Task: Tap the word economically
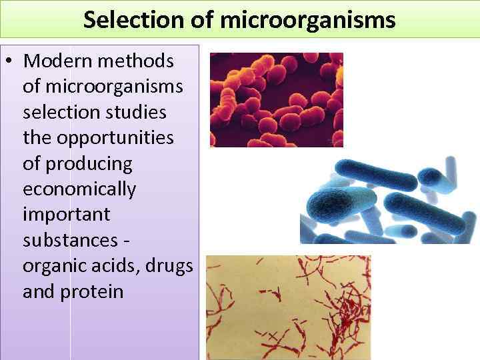click(x=79, y=189)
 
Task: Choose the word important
click(x=66, y=215)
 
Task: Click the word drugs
click(x=173, y=266)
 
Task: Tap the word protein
click(x=92, y=291)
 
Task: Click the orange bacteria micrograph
click(x=276, y=100)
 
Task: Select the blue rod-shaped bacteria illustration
click(x=389, y=199)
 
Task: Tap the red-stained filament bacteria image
click(x=288, y=307)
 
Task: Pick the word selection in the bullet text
click(x=61, y=112)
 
